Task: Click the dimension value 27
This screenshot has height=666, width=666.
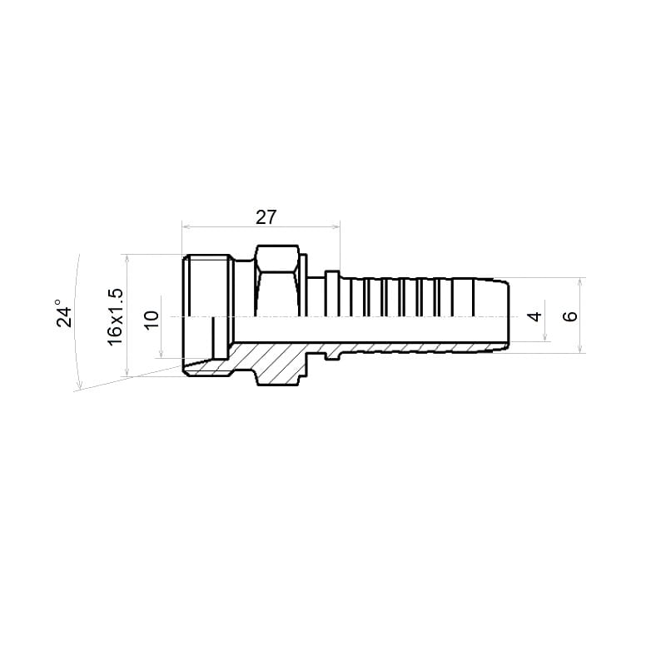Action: coord(266,217)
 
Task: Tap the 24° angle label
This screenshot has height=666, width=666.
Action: coord(65,313)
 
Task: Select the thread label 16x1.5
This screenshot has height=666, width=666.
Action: coord(115,317)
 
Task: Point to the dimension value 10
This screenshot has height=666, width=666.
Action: coord(152,320)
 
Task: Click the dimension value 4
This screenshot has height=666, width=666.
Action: coord(534,316)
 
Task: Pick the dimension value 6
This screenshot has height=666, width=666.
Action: coord(570,316)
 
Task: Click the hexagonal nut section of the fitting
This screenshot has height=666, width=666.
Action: coord(277,281)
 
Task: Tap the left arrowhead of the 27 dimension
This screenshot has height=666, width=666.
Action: coord(185,226)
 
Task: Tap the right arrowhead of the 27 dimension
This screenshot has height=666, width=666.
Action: coord(336,226)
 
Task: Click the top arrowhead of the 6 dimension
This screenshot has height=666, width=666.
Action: coord(580,281)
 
